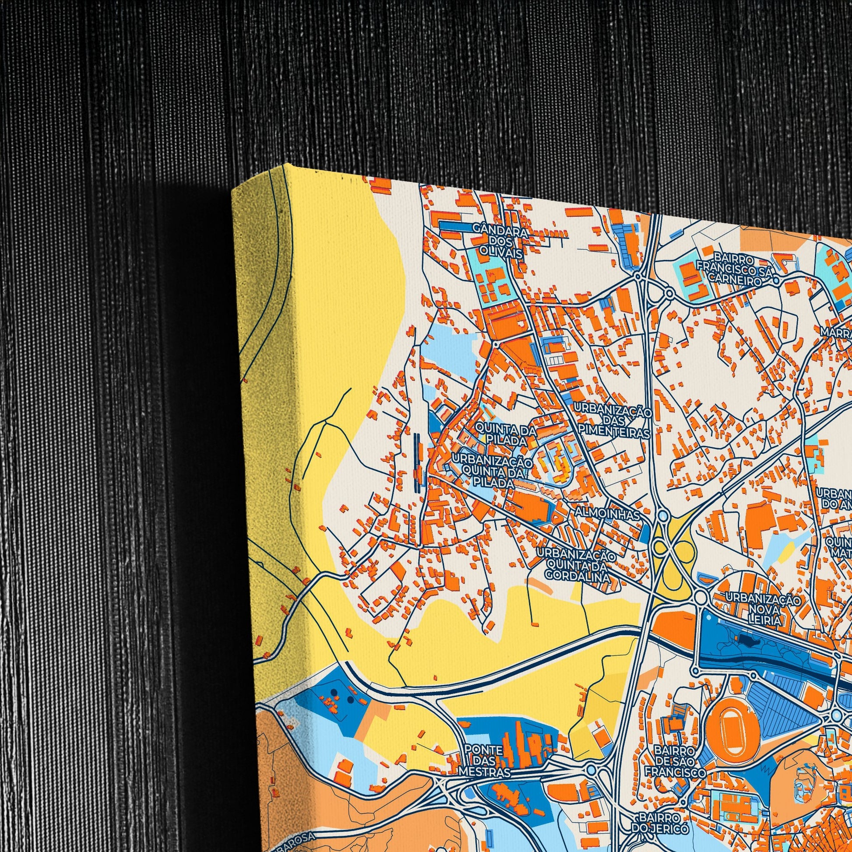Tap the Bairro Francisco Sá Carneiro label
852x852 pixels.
[x=734, y=269]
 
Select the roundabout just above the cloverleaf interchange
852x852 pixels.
[x=662, y=514]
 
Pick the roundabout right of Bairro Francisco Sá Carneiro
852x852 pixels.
[x=776, y=280]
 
